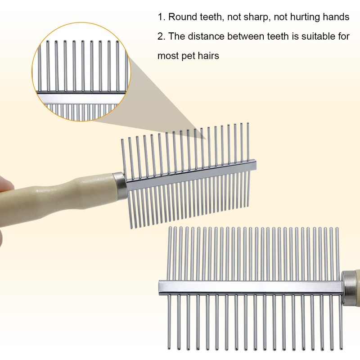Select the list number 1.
click(160, 17)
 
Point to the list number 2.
click(160, 36)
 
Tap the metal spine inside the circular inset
click(81, 97)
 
